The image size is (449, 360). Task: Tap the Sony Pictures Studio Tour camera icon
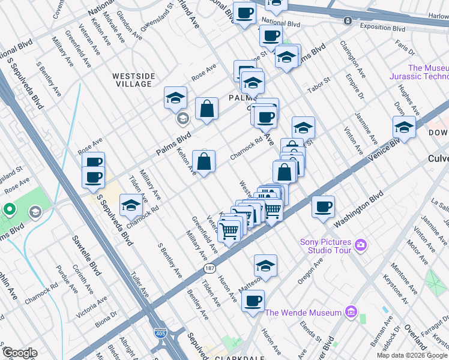click(360, 244)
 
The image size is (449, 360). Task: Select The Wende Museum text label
click(303, 313)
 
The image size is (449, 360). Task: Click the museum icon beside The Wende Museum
click(351, 313)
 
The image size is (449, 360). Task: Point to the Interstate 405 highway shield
click(161, 333)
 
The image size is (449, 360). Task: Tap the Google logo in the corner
click(20, 353)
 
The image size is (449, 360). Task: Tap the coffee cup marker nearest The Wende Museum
click(253, 301)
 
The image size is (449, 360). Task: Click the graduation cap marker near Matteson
click(265, 265)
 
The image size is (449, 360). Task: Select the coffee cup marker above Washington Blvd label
click(324, 207)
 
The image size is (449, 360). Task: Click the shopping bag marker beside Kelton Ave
click(203, 161)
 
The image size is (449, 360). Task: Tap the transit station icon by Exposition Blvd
click(348, 20)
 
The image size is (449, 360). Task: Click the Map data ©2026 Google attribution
click(412, 355)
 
